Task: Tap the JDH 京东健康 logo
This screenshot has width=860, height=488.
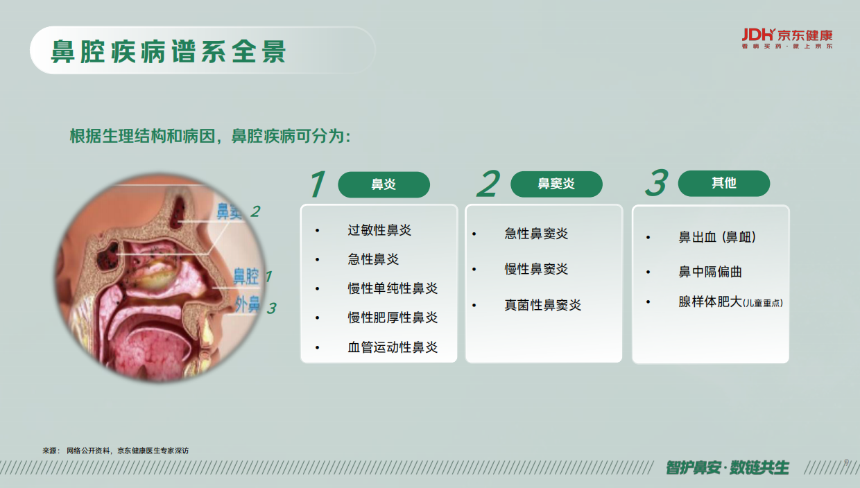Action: coord(786,37)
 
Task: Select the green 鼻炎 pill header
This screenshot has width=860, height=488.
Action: coord(384,184)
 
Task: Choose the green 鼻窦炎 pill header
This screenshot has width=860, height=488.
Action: coord(556,184)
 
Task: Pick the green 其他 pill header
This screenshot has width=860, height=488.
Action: coord(723,183)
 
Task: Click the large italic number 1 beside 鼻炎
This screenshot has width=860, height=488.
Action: coord(317,184)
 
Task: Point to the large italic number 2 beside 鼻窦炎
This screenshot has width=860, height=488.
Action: coord(488,184)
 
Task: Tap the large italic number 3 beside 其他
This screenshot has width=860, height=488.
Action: coord(655,183)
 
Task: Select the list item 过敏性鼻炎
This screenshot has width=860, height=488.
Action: coord(379,230)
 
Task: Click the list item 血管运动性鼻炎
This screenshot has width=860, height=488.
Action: coord(393,347)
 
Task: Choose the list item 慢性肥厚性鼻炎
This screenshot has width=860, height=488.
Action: coord(393,317)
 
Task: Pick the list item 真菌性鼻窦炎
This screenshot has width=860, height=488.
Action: coord(542,305)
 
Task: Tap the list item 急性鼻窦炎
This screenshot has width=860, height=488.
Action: coord(536,234)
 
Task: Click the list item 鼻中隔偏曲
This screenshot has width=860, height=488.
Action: coord(710,272)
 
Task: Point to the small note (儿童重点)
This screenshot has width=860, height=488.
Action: coord(763,304)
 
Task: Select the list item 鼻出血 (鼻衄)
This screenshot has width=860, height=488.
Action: coord(717,237)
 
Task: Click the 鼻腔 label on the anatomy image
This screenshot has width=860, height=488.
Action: coord(246,277)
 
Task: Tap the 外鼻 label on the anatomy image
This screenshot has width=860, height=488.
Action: coord(247,304)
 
